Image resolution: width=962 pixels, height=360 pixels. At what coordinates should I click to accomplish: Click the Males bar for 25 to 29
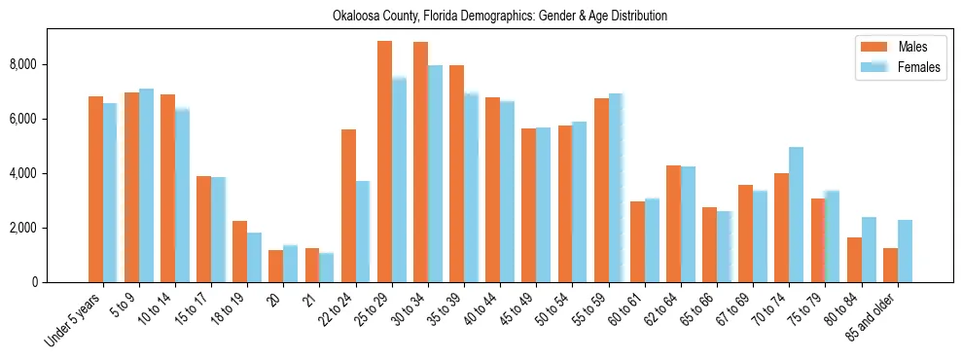click(384, 162)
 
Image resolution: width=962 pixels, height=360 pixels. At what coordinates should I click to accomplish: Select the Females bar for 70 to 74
click(796, 215)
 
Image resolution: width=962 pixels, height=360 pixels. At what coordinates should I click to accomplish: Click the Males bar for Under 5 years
click(95, 190)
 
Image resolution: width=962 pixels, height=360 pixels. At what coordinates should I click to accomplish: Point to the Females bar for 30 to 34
click(435, 174)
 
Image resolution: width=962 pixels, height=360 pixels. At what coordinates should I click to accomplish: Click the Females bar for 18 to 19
click(254, 258)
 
